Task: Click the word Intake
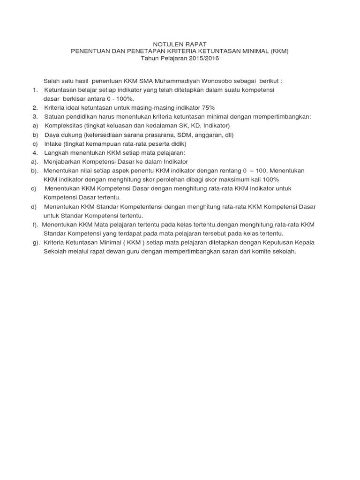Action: pos(54,143)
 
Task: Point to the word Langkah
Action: pos(56,152)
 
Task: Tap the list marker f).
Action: pos(36,225)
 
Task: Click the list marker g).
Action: pos(36,242)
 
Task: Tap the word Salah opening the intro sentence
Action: pos(52,81)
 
